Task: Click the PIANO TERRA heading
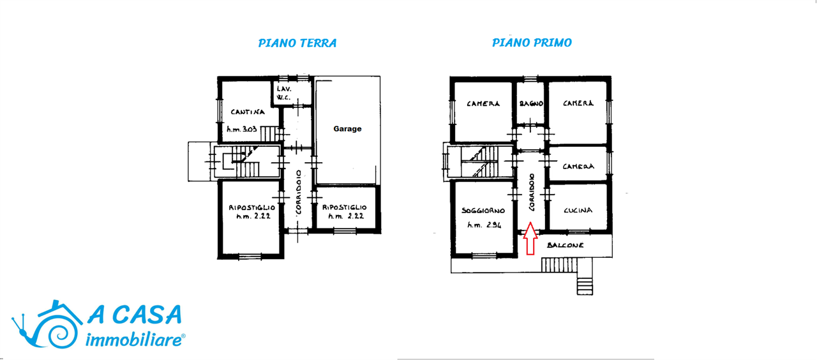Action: coord(297,43)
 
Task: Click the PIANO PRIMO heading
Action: coord(532,43)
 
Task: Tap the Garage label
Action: coord(347,129)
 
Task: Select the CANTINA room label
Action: coord(248,112)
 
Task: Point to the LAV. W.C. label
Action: coord(284,93)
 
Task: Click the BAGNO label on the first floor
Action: coord(532,103)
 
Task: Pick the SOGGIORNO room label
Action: coord(483,211)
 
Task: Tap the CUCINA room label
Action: coord(578,210)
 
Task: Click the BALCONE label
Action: coord(566,245)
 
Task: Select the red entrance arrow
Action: coord(530,238)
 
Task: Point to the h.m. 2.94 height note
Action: coord(484,225)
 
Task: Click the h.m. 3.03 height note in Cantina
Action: coord(242,129)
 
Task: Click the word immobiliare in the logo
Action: coord(135,340)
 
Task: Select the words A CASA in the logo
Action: coord(135,315)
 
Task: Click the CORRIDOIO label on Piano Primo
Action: coord(532,192)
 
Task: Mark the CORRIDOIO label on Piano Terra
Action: coord(299,192)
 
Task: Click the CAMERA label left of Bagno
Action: coord(483,103)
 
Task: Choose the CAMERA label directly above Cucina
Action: coord(578,167)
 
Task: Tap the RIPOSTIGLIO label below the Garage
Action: coord(344,207)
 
